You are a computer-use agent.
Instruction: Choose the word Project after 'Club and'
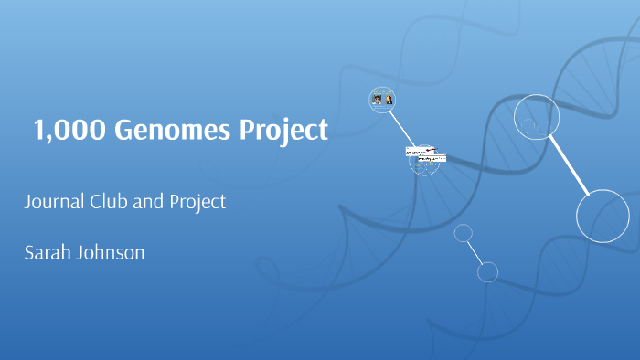[x=197, y=203]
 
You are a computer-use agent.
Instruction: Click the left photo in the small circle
[x=376, y=100]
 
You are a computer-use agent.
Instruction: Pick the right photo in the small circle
[x=389, y=100]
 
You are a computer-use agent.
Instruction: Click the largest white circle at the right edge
[x=603, y=217]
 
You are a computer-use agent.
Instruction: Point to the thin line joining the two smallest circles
[x=475, y=252]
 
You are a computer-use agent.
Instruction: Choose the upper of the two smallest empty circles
[x=464, y=234]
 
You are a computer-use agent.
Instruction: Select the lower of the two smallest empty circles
[x=487, y=271]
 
